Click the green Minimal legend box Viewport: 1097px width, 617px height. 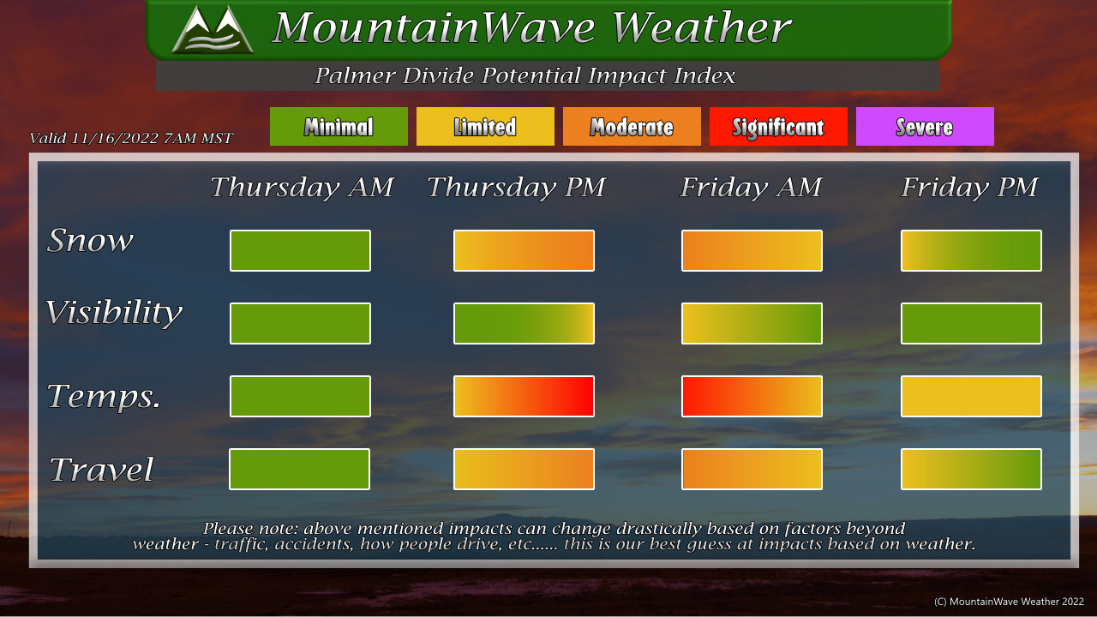coord(339,126)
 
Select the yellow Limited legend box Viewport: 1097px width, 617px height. coord(485,126)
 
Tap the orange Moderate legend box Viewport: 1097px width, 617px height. coord(632,126)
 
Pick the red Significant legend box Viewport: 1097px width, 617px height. coord(778,126)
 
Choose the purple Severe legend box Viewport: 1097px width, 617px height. coord(925,126)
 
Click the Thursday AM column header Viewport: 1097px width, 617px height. coord(303,188)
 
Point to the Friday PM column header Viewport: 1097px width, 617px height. coord(969,188)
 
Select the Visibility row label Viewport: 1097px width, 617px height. coord(114,313)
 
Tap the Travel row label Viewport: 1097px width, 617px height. coord(101,469)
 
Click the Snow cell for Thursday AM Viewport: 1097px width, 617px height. coord(300,250)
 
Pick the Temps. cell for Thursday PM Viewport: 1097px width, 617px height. coord(524,396)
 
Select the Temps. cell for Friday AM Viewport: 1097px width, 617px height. coord(752,396)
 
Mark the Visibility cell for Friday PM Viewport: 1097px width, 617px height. coord(971,323)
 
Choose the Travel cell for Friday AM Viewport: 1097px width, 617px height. coord(752,469)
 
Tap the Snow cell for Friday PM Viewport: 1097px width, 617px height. coord(971,250)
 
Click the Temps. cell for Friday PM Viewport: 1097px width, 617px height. coord(971,396)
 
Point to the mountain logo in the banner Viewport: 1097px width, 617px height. coord(213,29)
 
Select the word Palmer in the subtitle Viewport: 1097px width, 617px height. coord(355,75)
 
